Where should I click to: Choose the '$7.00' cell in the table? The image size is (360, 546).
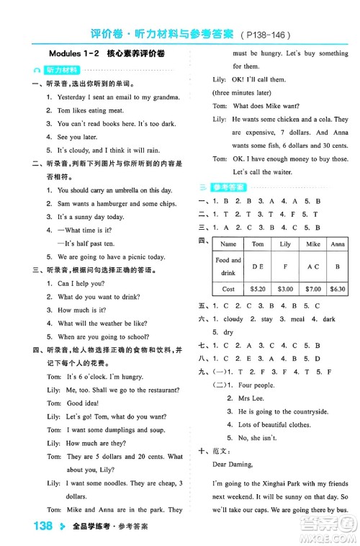tap(312, 289)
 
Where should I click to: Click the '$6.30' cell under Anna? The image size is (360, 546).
tap(338, 289)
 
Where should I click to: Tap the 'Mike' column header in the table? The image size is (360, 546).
tap(312, 244)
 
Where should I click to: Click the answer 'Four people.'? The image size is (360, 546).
tap(256, 385)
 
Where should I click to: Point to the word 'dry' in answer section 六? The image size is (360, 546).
tap(228, 332)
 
